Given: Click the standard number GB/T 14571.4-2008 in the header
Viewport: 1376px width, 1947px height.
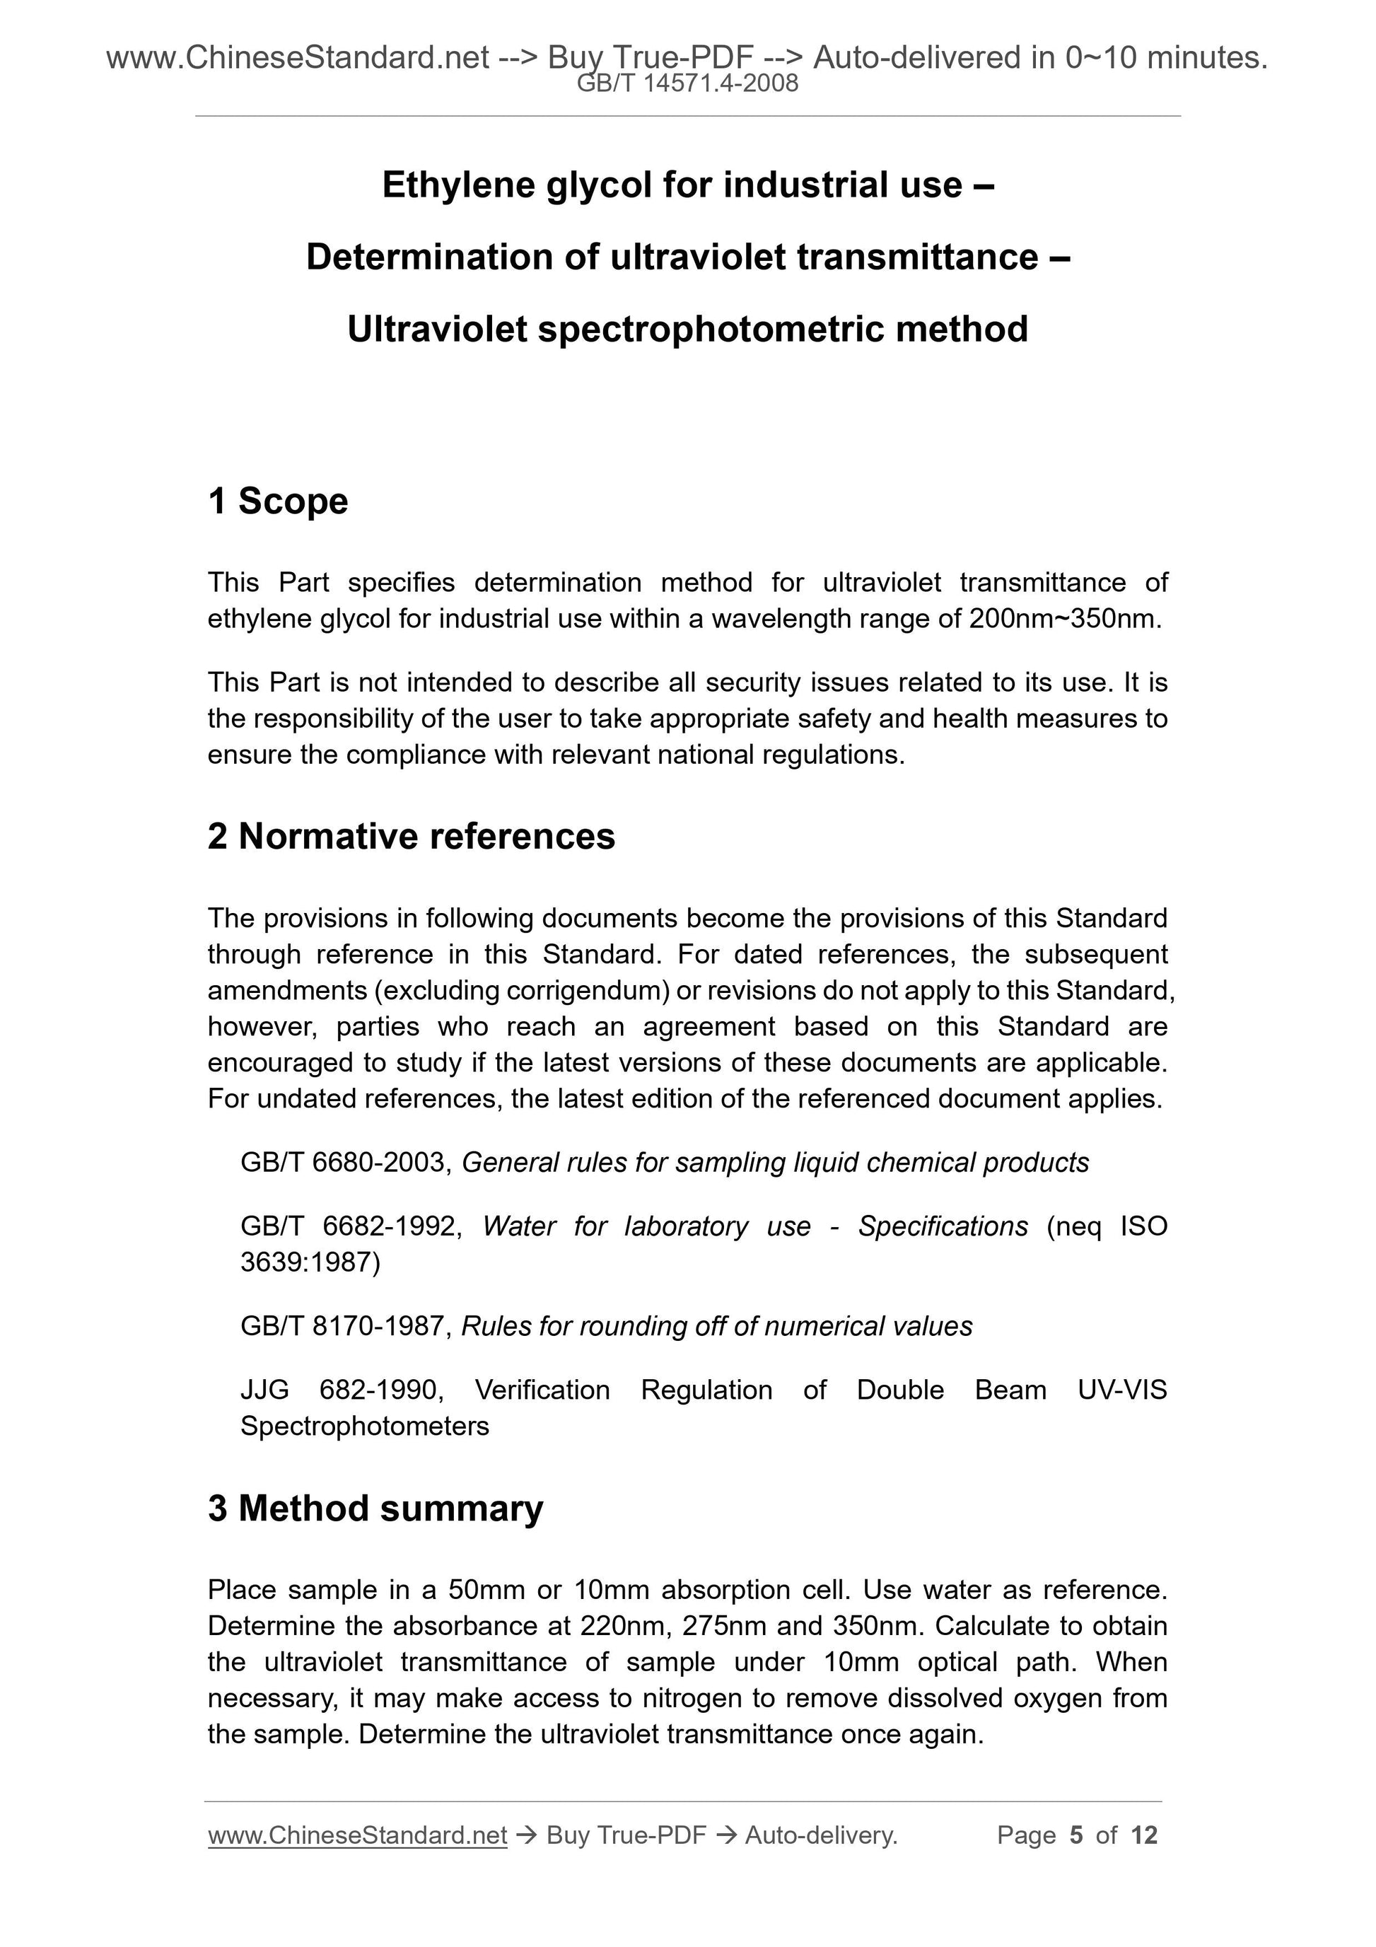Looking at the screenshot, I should (687, 83).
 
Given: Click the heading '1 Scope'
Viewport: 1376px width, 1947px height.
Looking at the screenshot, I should (278, 501).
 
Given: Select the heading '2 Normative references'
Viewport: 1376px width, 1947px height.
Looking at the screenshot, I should (412, 836).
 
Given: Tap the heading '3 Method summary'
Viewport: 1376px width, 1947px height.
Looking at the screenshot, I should (375, 1509).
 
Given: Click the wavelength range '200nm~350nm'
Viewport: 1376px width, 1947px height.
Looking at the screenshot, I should (1061, 619).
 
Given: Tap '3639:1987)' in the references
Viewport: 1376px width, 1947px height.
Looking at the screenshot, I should (310, 1262).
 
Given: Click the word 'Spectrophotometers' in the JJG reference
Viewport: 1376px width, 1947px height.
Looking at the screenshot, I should (365, 1426).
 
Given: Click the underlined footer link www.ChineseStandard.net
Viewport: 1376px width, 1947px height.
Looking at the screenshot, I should (357, 1835).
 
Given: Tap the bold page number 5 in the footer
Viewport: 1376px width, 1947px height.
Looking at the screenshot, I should (1076, 1835).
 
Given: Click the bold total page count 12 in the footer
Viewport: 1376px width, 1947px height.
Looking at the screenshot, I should (1143, 1835).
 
